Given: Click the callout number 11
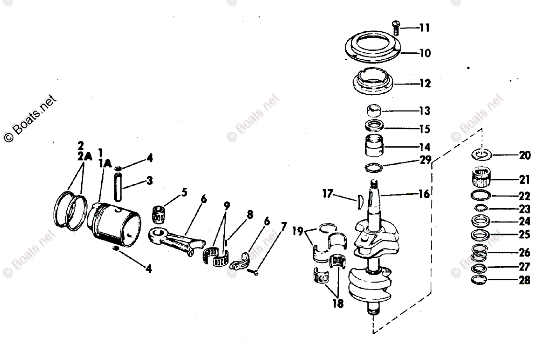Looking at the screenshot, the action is tap(424, 28).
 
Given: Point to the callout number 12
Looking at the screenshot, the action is tap(425, 84).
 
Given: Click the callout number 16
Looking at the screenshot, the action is tap(424, 193).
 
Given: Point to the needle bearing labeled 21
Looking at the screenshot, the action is tap(481, 178).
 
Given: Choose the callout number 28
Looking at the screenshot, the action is tap(524, 281).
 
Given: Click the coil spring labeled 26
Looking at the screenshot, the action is tap(481, 253).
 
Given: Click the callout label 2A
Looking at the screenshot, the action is tap(82, 157).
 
